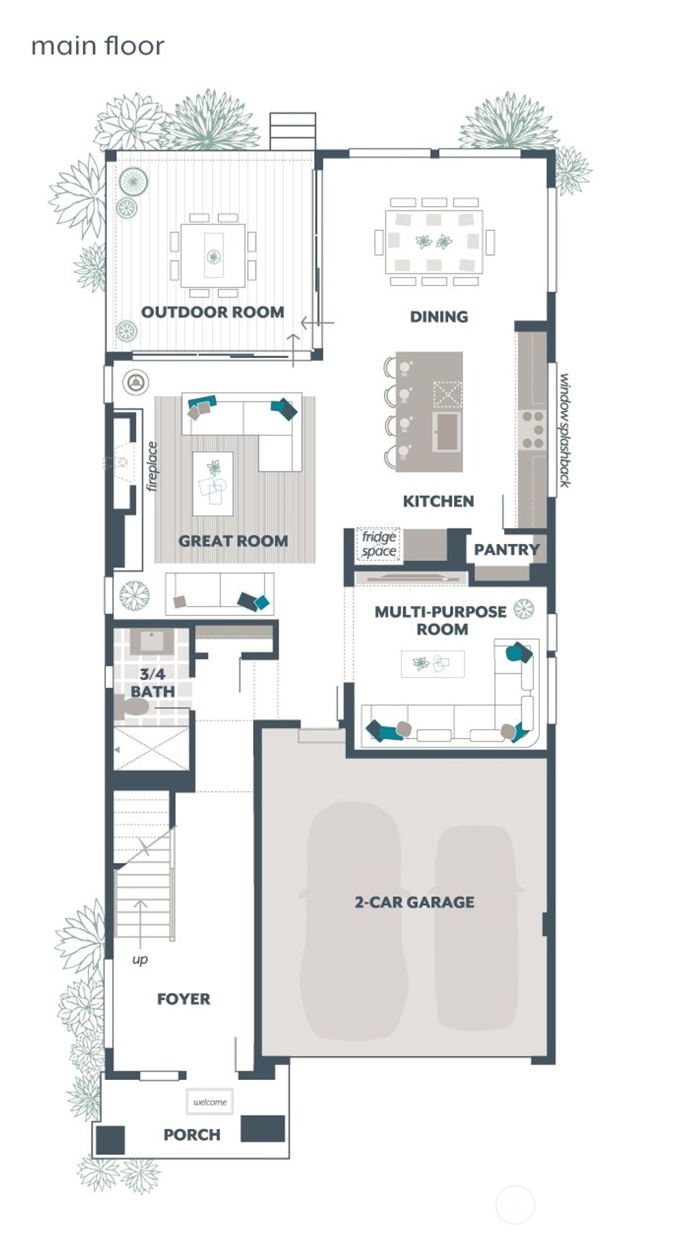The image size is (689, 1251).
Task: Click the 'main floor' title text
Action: coord(98,46)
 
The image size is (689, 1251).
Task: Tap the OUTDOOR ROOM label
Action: coord(213,312)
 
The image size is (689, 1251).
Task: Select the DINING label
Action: coord(439,316)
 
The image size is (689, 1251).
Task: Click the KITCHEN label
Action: coord(438,501)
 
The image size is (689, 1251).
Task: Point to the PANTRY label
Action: coord(506,549)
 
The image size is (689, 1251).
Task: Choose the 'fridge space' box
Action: coord(378,545)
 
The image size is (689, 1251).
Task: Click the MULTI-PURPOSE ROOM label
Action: coord(441,620)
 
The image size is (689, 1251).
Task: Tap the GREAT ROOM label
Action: coord(233,541)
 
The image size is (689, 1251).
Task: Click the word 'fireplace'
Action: coord(152,466)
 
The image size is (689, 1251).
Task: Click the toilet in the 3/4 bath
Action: coord(132,707)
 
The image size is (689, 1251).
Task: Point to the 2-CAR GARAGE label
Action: coord(414,902)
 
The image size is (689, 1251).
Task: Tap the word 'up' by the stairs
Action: coord(140,959)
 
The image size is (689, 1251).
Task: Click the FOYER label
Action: coord(183,999)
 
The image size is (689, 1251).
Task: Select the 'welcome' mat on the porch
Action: coord(210,1102)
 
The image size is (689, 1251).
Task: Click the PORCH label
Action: coord(192,1135)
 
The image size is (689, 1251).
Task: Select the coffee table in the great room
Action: coord(213,483)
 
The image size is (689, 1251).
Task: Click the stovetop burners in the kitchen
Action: coord(533,430)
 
